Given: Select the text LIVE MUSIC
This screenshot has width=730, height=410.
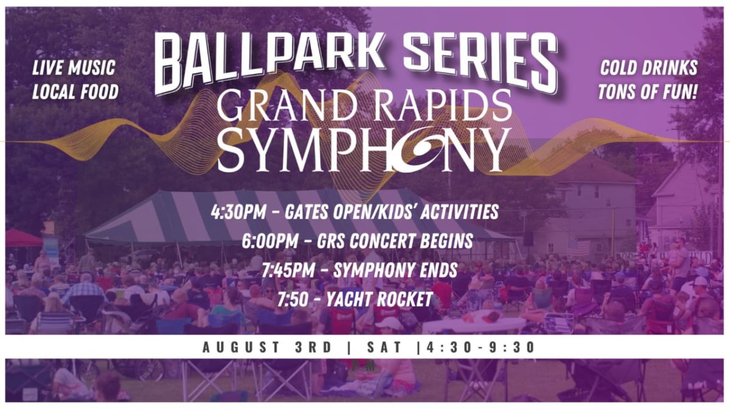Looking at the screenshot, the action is pyautogui.click(x=74, y=68).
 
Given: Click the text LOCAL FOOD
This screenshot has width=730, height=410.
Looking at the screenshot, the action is pyautogui.click(x=75, y=92).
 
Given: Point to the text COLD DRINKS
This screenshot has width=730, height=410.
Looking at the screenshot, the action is pyautogui.click(x=648, y=68).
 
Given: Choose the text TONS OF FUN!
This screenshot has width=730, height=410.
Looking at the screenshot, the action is pyautogui.click(x=647, y=92).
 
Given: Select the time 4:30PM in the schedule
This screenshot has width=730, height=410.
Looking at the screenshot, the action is pyautogui.click(x=238, y=212).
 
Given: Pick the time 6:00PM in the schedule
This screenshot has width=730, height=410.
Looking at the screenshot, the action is pyautogui.click(x=270, y=241).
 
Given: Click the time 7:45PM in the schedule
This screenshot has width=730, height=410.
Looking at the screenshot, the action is pyautogui.click(x=288, y=270).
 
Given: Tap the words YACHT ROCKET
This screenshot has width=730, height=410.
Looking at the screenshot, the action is pyautogui.click(x=380, y=299).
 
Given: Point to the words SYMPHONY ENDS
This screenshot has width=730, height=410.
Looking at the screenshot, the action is pyautogui.click(x=395, y=270).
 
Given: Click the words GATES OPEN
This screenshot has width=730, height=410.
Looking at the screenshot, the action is pyautogui.click(x=328, y=212).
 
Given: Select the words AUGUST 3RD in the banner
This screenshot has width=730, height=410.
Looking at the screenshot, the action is pyautogui.click(x=267, y=347).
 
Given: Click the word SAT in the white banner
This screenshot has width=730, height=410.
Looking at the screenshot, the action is pyautogui.click(x=385, y=347).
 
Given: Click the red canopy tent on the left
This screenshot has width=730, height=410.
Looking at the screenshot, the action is pyautogui.click(x=23, y=238).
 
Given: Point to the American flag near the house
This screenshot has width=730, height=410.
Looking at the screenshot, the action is pyautogui.click(x=579, y=248).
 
